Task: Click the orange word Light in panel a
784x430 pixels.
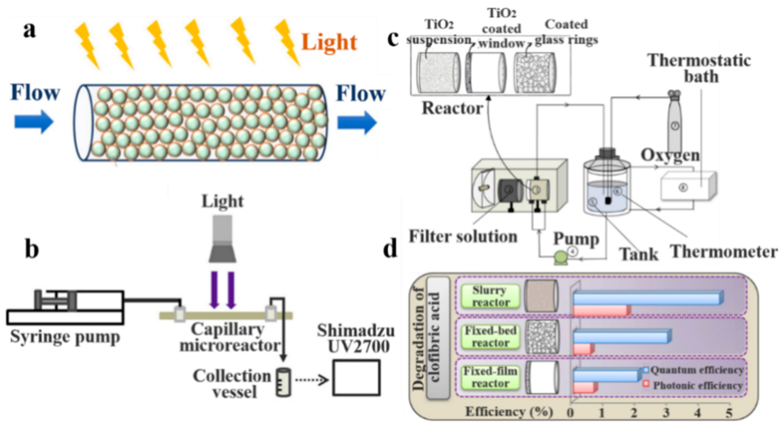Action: click(x=329, y=42)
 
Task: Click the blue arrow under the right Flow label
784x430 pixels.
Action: click(x=357, y=122)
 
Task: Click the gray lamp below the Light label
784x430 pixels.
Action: click(x=223, y=239)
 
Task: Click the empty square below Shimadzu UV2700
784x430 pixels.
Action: click(x=356, y=378)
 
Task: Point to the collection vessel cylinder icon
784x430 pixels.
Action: click(x=283, y=382)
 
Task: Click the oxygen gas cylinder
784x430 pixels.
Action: click(x=675, y=122)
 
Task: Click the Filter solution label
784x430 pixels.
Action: click(x=463, y=236)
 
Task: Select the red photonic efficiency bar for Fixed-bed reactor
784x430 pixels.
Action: click(x=583, y=349)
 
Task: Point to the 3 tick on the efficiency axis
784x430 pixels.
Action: click(x=666, y=413)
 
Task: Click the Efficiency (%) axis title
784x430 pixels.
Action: click(x=509, y=412)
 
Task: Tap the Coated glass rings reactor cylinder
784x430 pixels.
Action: click(x=534, y=73)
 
